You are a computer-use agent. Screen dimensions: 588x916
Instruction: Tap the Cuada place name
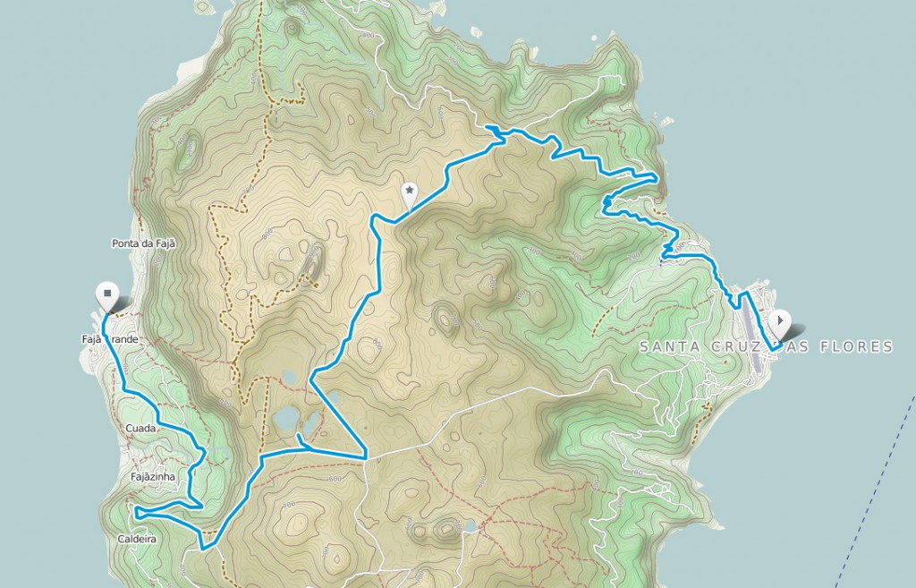pos(141,429)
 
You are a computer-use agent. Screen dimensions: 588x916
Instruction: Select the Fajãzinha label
pos(151,478)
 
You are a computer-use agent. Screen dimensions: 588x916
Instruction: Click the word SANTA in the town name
pos(670,346)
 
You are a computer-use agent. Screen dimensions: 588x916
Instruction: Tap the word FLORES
pos(862,346)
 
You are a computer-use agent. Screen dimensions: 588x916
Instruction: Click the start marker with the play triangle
pos(780,320)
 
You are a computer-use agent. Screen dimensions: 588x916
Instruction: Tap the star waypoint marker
pos(409,191)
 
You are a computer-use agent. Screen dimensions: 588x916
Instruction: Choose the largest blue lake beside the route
pos(286,419)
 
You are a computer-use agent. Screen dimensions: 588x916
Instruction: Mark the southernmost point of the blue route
pos(205,547)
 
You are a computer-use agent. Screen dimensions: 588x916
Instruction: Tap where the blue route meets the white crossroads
pos(366,457)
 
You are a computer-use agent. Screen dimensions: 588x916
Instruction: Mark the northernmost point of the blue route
pos(490,131)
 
